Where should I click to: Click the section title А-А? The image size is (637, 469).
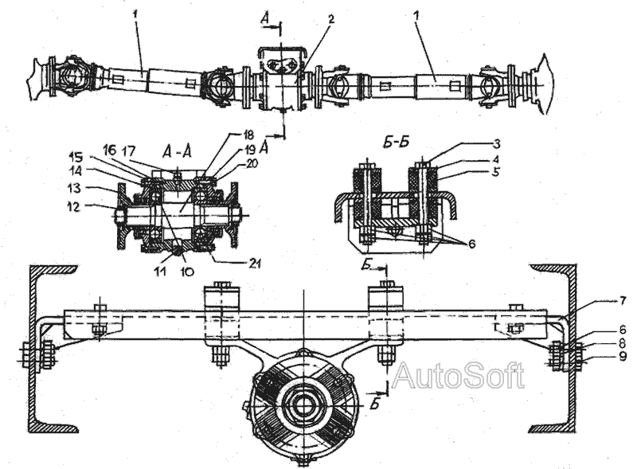(178, 150)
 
